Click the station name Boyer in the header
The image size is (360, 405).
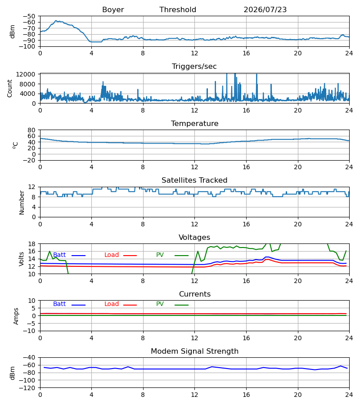pos(113,10)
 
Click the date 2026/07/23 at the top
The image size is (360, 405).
pos(265,10)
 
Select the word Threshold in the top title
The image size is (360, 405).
pos(178,10)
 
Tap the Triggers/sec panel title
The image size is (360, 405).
pos(194,67)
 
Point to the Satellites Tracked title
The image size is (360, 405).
pos(194,180)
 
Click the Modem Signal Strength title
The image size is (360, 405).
pos(195,351)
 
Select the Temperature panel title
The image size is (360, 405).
pos(195,123)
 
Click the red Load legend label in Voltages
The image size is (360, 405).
pos(112,255)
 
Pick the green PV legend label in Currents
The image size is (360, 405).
pos(160,304)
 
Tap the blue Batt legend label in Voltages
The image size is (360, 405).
pos(59,255)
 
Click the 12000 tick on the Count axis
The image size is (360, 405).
pos(26,74)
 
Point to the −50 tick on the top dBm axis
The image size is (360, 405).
pos(29,16)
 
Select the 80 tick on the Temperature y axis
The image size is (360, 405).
pos(31,130)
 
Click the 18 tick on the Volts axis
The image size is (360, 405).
pos(31,244)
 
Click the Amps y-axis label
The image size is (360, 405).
pos(16,316)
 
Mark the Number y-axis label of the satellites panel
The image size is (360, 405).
pos(22,203)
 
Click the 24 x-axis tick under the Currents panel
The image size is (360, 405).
pos(349,338)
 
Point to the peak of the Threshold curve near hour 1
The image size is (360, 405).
pos(56,21)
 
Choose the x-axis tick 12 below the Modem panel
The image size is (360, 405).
pos(194,395)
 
